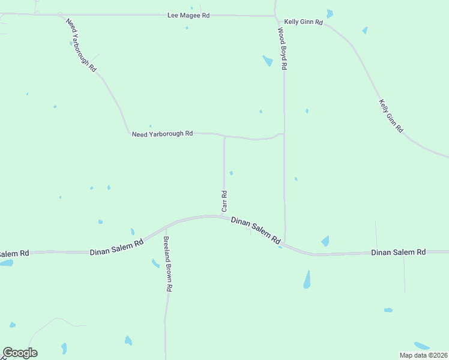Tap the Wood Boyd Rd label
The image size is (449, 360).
click(x=282, y=49)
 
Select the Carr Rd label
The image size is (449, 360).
click(x=224, y=201)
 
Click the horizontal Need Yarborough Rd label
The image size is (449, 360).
click(x=162, y=134)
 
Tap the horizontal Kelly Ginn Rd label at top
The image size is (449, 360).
click(x=304, y=22)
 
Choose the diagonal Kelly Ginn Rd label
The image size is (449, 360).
click(x=391, y=116)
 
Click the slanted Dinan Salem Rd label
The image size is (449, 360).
click(x=256, y=230)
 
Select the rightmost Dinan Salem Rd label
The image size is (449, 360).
click(x=398, y=252)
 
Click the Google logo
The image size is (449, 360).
click(x=20, y=353)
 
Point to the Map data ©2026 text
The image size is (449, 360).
click(x=423, y=355)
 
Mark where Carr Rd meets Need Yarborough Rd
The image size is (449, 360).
click(x=224, y=136)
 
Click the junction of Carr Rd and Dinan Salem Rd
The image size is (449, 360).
click(x=223, y=217)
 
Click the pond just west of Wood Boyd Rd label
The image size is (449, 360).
click(x=268, y=61)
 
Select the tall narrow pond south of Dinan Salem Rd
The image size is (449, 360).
click(x=307, y=279)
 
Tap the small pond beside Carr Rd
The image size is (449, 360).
click(x=231, y=173)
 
